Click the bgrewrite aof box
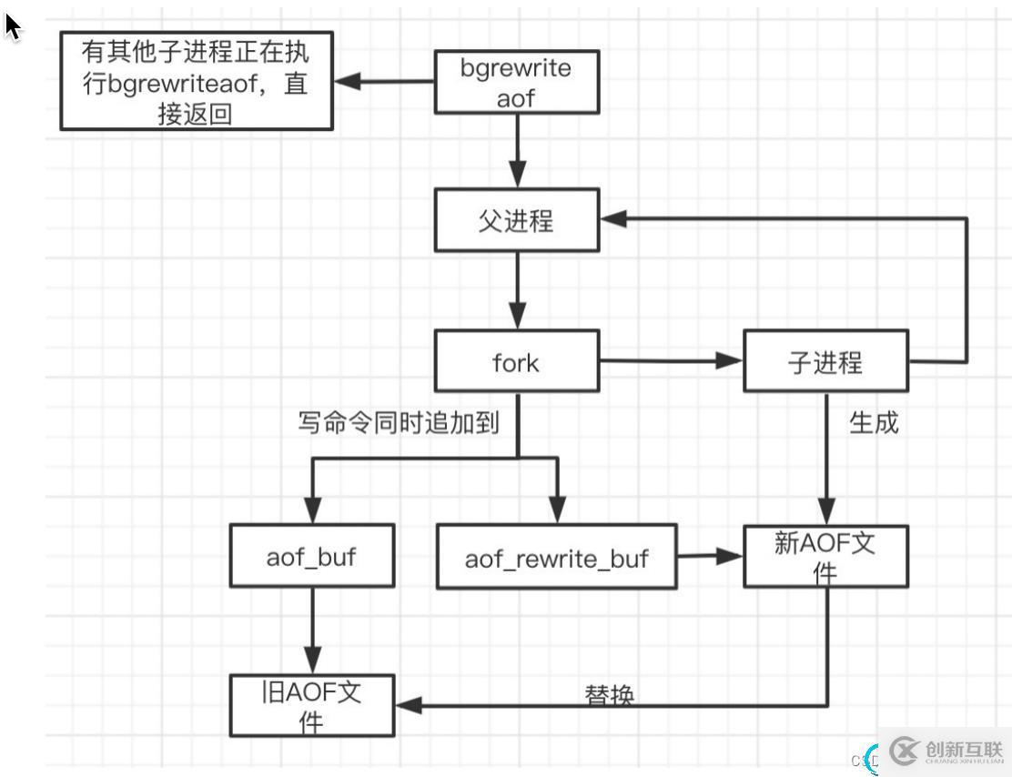(x=516, y=83)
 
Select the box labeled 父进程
(x=516, y=220)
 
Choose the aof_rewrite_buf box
(x=557, y=557)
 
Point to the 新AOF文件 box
(x=825, y=556)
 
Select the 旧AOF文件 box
(x=311, y=706)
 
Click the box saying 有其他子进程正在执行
(x=196, y=81)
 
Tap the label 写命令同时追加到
(x=399, y=423)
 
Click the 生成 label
(x=874, y=423)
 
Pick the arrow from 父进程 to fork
(x=517, y=291)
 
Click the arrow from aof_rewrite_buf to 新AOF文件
(x=710, y=555)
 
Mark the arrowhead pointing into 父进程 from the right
(x=613, y=218)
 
